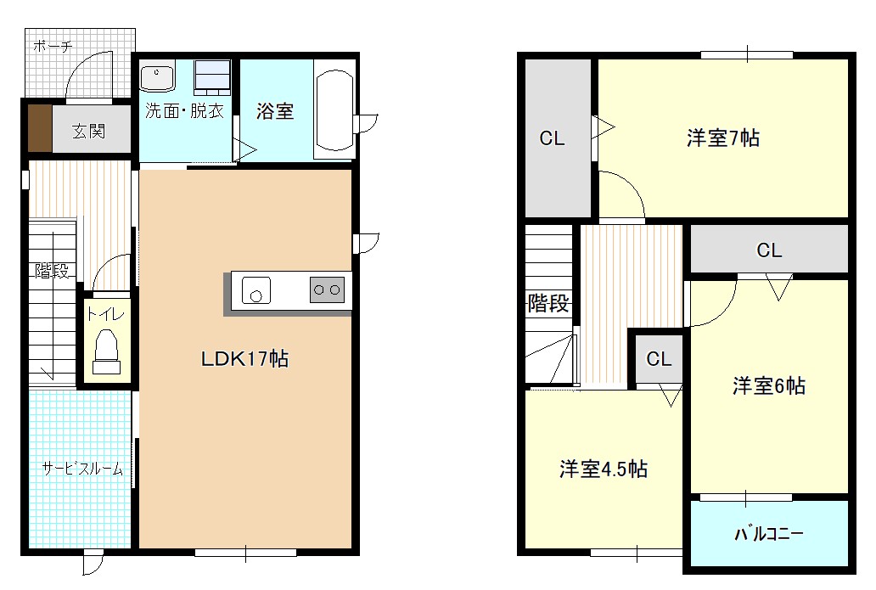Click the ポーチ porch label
coord(53,47)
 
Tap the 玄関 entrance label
coord(88,131)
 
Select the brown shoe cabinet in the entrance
coord(39,129)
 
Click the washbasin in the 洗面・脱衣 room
coord(158,77)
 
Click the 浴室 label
coord(275,111)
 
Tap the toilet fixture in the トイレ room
coord(106,351)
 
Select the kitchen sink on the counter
coord(255,290)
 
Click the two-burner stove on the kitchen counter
coord(327,290)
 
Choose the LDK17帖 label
coord(244,359)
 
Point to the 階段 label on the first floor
coord(52,272)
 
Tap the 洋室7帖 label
coord(722,138)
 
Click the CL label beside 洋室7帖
coord(553,138)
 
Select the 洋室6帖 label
coord(768,386)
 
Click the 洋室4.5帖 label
coord(604,469)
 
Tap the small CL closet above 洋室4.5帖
coord(659,359)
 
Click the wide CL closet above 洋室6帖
coord(769,250)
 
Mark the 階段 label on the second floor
coord(548,303)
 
